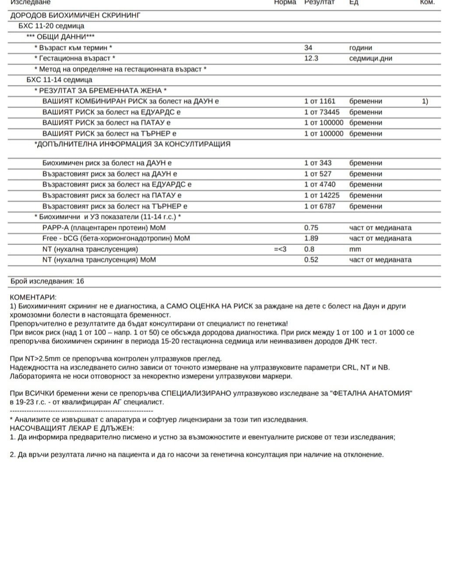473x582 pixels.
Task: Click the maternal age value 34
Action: pyautogui.click(x=308, y=48)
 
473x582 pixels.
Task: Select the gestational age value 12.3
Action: pyautogui.click(x=311, y=58)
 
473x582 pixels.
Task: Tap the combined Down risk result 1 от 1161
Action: pyautogui.click(x=320, y=101)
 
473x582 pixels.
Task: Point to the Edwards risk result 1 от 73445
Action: pyautogui.click(x=322, y=112)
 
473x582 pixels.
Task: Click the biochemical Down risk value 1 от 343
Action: pyautogui.click(x=318, y=163)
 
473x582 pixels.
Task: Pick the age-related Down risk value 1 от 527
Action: pyautogui.click(x=318, y=174)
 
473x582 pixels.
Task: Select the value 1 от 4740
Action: pyautogui.click(x=320, y=184)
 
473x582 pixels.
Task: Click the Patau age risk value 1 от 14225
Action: pyautogui.click(x=322, y=195)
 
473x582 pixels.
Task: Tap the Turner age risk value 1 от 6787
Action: pyautogui.click(x=320, y=206)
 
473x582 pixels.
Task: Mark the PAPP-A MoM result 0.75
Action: pyautogui.click(x=311, y=228)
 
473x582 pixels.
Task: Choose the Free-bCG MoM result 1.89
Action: pyautogui.click(x=311, y=238)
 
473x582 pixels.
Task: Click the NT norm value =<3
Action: pyautogui.click(x=280, y=249)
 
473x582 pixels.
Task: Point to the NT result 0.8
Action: pyautogui.click(x=309, y=249)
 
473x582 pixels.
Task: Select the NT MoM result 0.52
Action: pyautogui.click(x=311, y=259)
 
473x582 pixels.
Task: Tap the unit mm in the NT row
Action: pyautogui.click(x=355, y=249)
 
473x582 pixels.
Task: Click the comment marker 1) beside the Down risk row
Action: pyautogui.click(x=425, y=101)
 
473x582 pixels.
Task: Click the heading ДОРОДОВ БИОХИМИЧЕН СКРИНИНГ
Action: pyautogui.click(x=75, y=15)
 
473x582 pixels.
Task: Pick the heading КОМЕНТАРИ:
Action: pyautogui.click(x=33, y=298)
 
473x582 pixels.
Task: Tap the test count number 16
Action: pyautogui.click(x=80, y=281)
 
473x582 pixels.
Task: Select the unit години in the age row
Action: pyautogui.click(x=360, y=48)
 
